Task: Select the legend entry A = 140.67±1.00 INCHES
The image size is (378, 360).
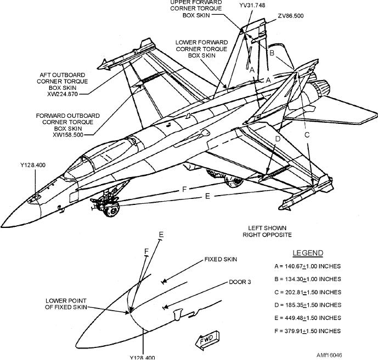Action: [x=307, y=266]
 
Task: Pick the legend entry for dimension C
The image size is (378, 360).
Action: [x=307, y=292]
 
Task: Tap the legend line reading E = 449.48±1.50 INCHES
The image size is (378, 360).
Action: [x=307, y=318]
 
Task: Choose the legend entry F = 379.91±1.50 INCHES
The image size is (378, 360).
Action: [x=307, y=331]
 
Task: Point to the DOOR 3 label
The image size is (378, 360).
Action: [x=240, y=282]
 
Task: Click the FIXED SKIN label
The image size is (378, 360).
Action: [x=221, y=259]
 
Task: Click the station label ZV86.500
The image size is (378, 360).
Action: [x=290, y=16]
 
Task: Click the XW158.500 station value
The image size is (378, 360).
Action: [x=71, y=134]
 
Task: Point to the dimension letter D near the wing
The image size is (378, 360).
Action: [x=278, y=139]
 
